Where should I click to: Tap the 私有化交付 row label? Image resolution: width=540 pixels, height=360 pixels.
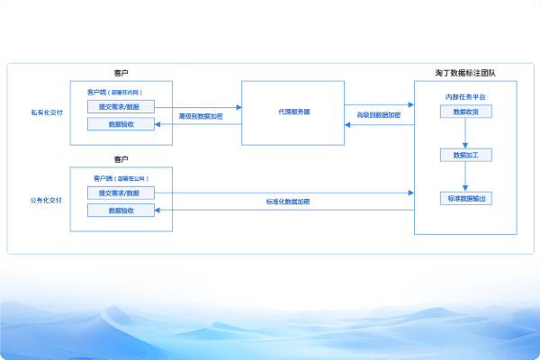coord(47,113)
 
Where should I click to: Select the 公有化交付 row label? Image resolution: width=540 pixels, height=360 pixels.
coord(47,200)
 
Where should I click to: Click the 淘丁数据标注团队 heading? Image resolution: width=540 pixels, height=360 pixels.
coord(464,71)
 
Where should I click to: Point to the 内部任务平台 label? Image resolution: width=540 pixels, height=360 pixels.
coord(465,96)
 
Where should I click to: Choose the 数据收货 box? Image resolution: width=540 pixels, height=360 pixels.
coord(465,112)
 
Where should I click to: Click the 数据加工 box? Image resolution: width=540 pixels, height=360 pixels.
coord(465,155)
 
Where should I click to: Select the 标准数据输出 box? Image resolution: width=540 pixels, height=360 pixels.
coord(465,198)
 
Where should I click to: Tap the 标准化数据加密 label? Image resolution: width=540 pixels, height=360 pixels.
coord(288,201)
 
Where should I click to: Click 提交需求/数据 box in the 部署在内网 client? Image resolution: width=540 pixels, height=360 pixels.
coord(121,106)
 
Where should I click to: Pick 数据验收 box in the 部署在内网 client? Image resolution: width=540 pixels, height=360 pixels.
coord(121,124)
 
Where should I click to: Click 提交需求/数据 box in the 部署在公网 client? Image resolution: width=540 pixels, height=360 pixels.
coord(121,193)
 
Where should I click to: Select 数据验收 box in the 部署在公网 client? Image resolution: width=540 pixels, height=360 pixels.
coord(121,211)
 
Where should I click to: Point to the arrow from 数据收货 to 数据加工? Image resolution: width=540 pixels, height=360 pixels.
coord(465,133)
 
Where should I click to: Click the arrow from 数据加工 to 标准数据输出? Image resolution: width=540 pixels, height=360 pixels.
coord(465,176)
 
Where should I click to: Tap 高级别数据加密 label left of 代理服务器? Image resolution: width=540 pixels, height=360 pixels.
coord(201,116)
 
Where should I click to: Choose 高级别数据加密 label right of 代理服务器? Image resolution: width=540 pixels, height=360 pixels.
coord(379,115)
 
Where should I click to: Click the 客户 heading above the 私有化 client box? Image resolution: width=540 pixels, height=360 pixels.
coord(121,72)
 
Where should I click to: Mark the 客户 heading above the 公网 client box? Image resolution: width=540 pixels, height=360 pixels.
coord(121,158)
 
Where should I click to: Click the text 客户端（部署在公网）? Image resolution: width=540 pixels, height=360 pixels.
coord(121,177)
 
